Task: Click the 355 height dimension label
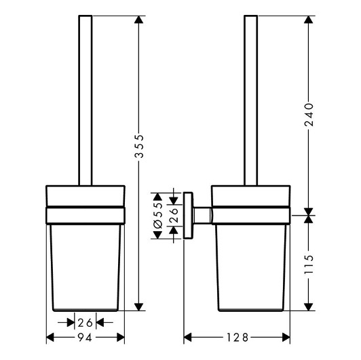click(x=139, y=146)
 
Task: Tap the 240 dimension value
click(x=309, y=115)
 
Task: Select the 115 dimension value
click(x=309, y=264)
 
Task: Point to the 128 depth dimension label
click(x=237, y=338)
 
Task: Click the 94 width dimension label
click(x=85, y=338)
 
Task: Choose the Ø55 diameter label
click(x=158, y=216)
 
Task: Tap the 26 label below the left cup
click(x=85, y=323)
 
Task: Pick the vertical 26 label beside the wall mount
click(x=174, y=216)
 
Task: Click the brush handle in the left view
click(x=85, y=100)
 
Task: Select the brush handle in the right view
click(x=250, y=100)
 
